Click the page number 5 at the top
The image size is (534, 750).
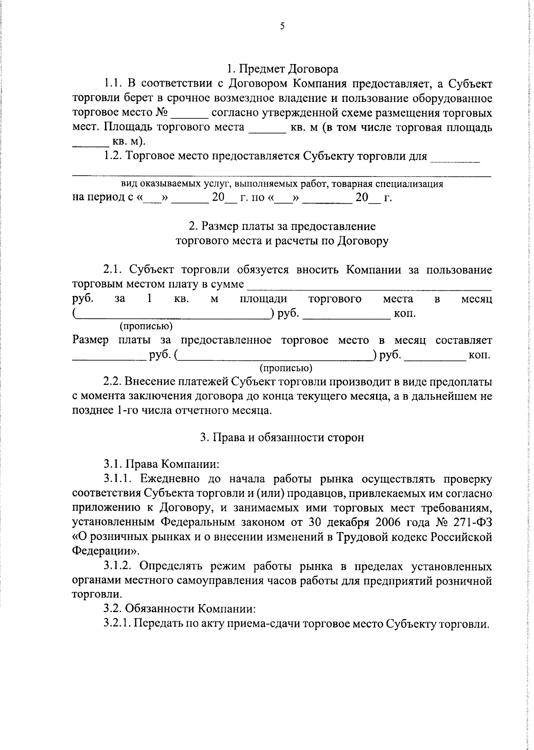(282, 26)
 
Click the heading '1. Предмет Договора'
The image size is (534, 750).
(282, 69)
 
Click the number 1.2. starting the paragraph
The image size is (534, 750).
(113, 156)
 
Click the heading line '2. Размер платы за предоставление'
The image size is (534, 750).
(282, 226)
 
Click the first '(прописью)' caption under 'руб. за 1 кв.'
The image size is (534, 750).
(146, 327)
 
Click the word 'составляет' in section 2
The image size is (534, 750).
(464, 341)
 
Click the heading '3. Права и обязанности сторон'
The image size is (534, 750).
(282, 438)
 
